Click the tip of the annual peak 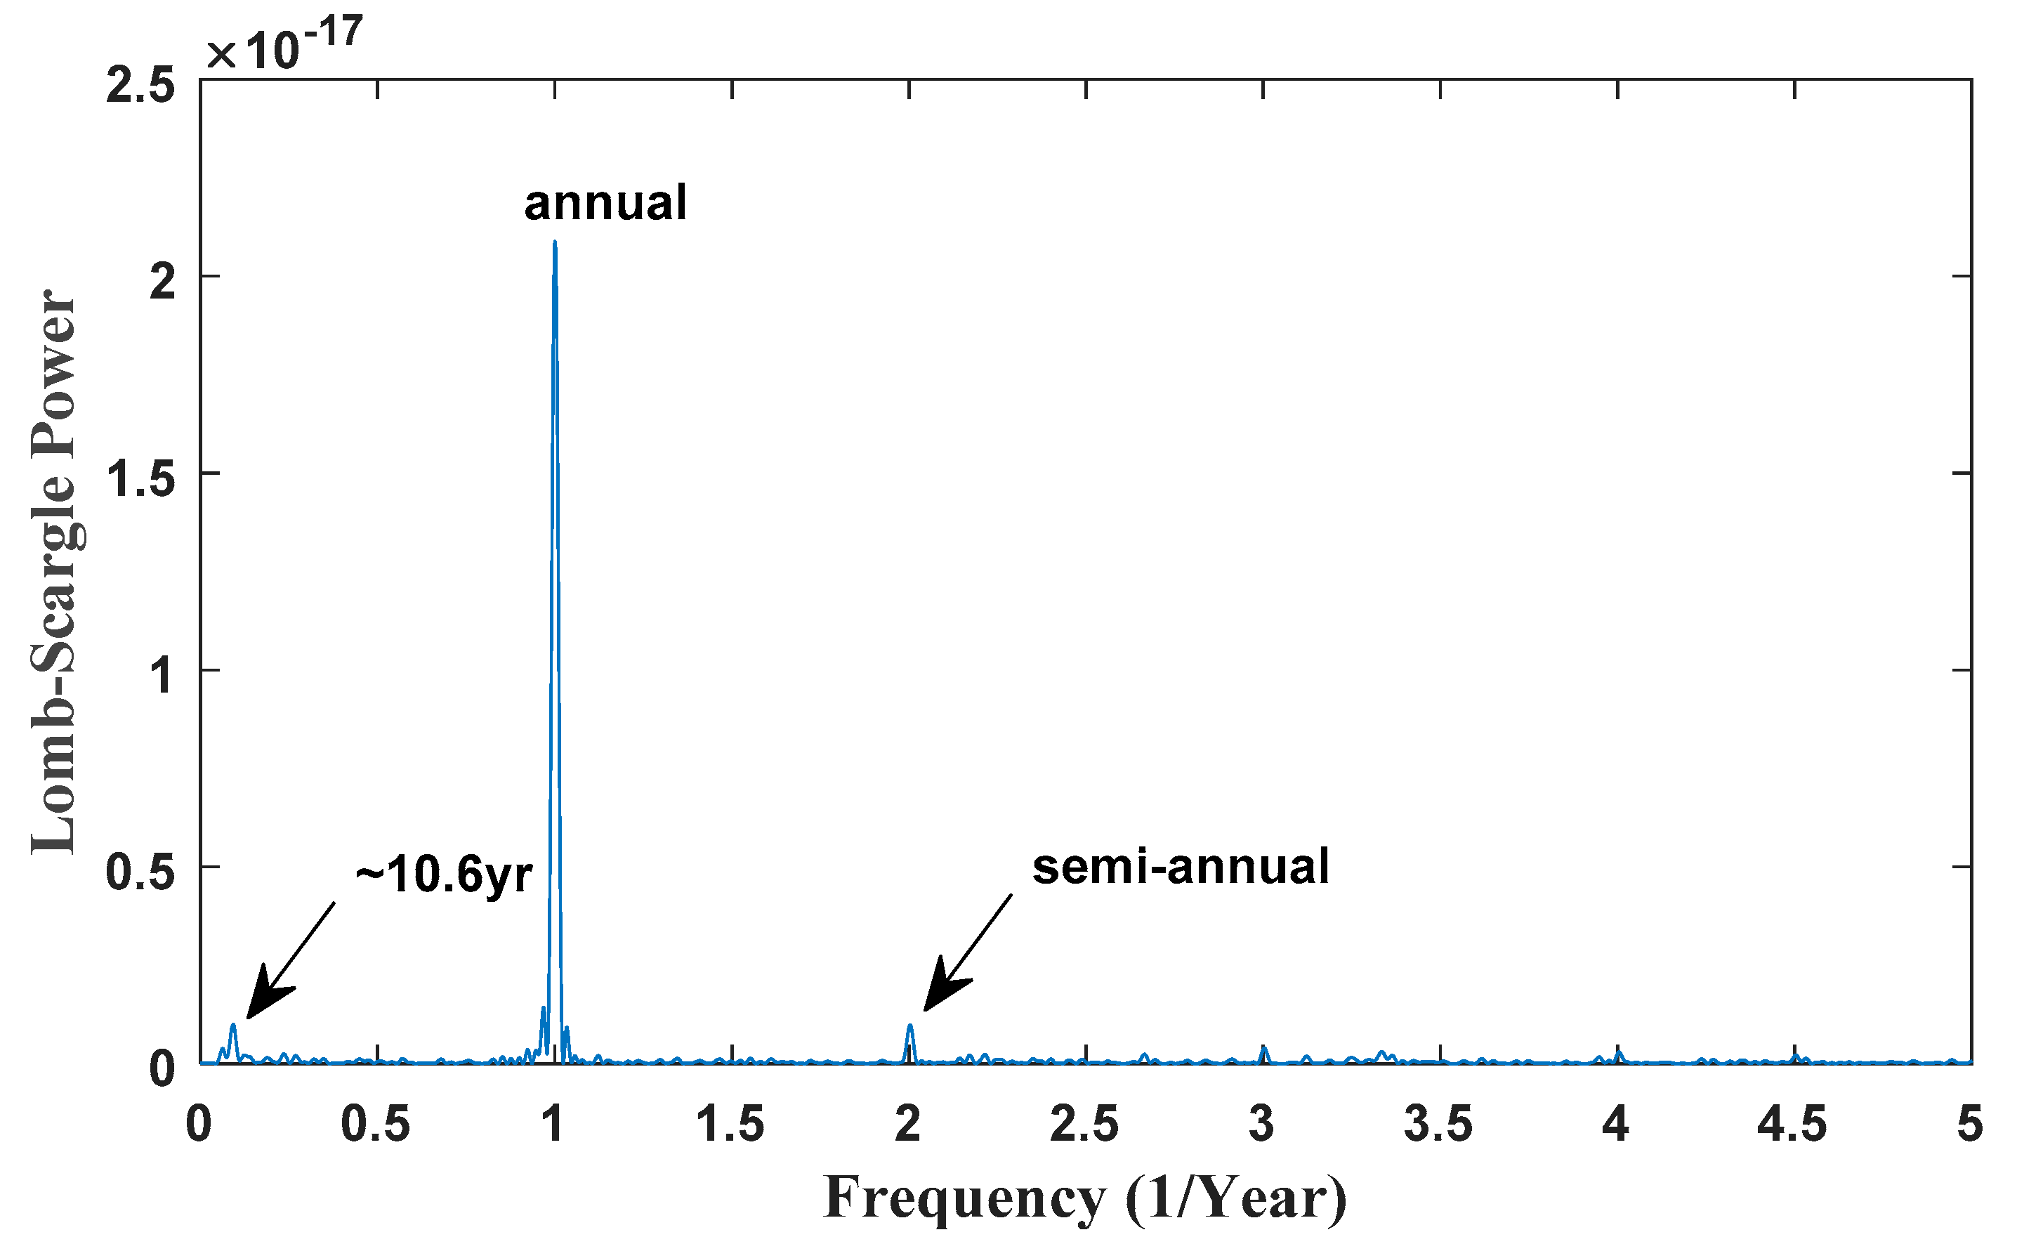(556, 243)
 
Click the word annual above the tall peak (605, 203)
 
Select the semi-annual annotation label (1181, 867)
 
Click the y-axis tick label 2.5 (140, 87)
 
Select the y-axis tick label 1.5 (140, 480)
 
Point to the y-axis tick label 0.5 (140, 873)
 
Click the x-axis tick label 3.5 (1440, 1124)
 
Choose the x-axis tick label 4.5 (1793, 1124)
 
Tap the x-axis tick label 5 (1969, 1124)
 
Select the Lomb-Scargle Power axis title (53, 572)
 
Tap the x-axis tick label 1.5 (731, 1124)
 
